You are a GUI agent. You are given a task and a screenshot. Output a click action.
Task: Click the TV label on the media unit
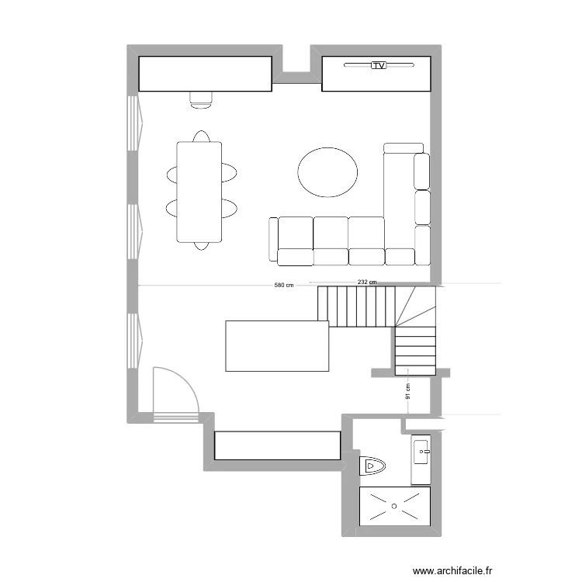(x=378, y=67)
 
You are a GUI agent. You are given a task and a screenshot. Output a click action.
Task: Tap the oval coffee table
(x=327, y=172)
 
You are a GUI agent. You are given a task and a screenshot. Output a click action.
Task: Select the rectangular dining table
(x=199, y=192)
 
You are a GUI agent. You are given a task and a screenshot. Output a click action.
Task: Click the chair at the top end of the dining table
(x=201, y=137)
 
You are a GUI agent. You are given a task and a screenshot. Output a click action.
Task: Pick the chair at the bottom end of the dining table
(x=201, y=246)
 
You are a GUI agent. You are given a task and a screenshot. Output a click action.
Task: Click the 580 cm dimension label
(x=284, y=286)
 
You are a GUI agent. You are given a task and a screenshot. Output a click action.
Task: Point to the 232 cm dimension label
(x=367, y=282)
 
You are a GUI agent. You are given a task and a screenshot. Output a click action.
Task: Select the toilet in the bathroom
(x=372, y=466)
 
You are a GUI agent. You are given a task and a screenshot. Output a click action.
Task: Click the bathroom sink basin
(x=422, y=449)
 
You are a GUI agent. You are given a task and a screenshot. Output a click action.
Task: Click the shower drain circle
(x=394, y=506)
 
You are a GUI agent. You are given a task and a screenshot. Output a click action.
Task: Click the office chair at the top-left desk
(x=202, y=97)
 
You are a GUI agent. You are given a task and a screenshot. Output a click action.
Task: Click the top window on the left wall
(x=133, y=123)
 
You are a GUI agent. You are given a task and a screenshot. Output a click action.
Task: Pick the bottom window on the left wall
(x=133, y=339)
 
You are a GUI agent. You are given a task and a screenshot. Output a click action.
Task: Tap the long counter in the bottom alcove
(x=277, y=445)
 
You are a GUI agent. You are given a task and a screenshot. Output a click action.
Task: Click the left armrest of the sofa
(x=273, y=240)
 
